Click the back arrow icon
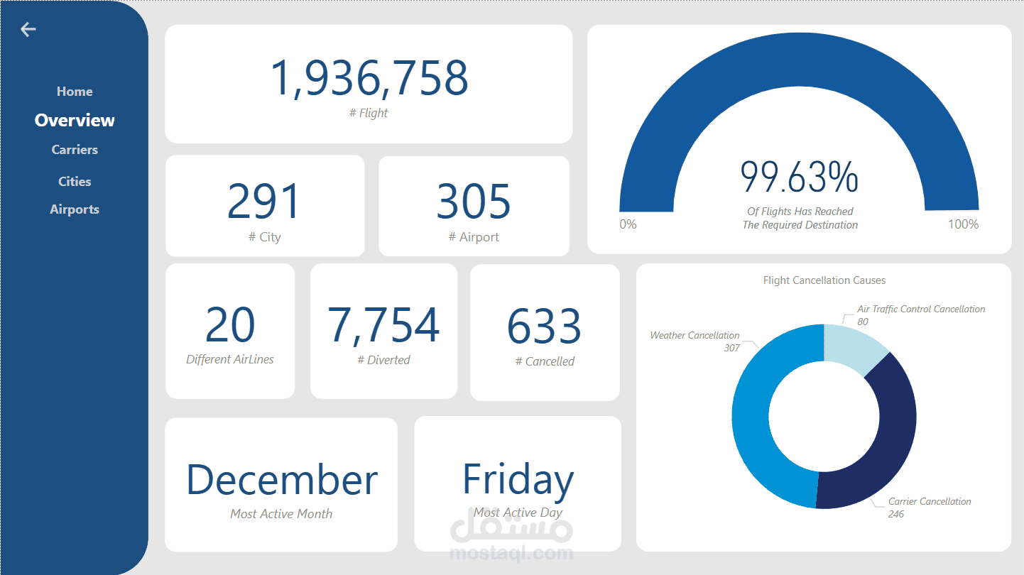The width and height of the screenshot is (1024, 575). (28, 29)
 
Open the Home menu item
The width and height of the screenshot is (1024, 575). (75, 92)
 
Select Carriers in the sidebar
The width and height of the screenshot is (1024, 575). (75, 150)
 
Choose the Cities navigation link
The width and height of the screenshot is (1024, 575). (75, 182)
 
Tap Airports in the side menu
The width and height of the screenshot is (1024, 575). (75, 209)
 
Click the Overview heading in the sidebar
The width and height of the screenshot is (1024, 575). (75, 120)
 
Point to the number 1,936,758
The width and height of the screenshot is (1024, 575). (369, 78)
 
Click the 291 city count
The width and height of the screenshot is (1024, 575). (263, 201)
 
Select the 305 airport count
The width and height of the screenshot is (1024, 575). (473, 201)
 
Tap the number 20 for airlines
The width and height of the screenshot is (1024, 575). (230, 324)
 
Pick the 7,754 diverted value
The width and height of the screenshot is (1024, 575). (383, 325)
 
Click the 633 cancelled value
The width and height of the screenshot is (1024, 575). (544, 326)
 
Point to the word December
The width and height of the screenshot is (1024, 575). (282, 479)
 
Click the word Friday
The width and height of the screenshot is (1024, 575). (518, 481)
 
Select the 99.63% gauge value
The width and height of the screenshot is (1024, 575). (799, 177)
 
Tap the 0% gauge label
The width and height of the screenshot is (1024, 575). (628, 224)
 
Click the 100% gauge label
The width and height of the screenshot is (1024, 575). (963, 224)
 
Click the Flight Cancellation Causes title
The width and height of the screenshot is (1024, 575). (824, 280)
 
